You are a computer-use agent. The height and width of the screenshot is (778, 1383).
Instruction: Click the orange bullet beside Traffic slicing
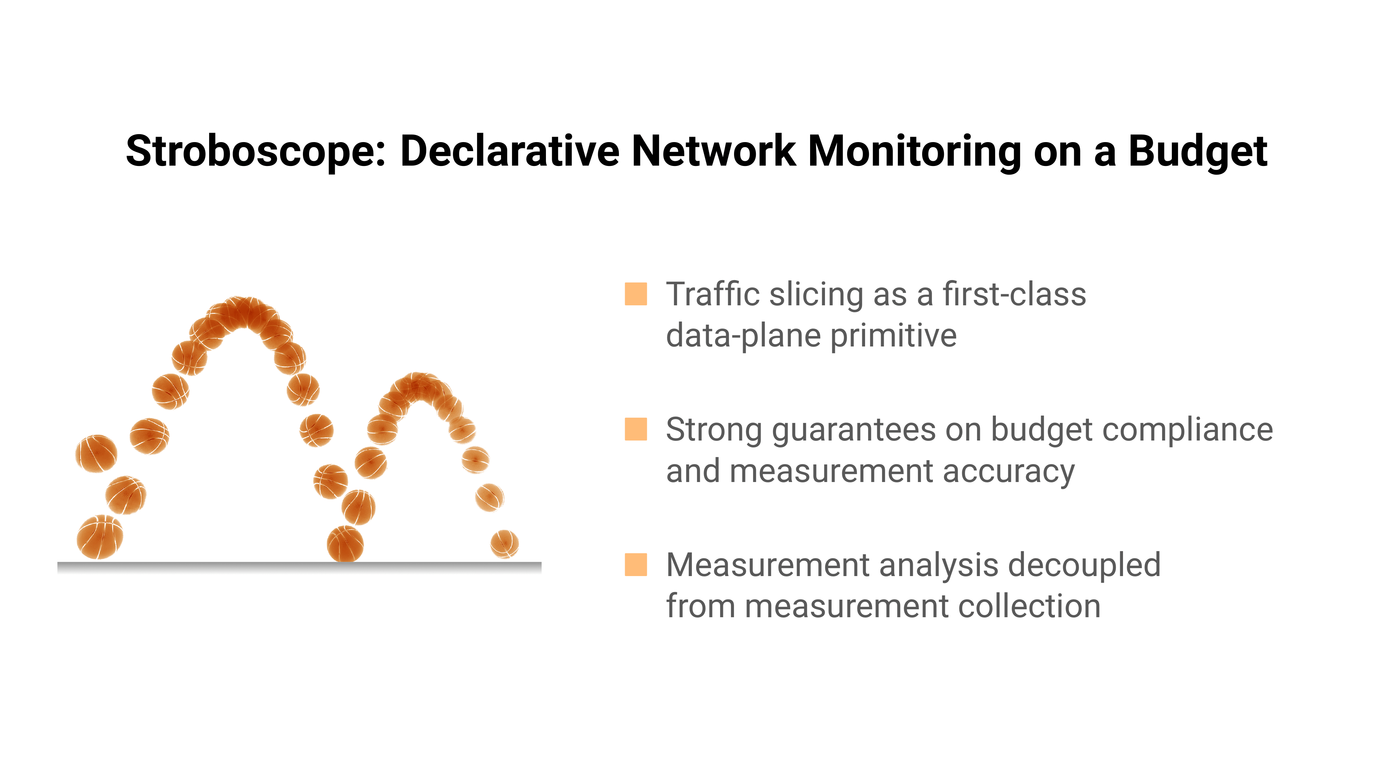pyautogui.click(x=636, y=294)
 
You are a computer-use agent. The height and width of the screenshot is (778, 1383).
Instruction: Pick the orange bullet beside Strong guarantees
pyautogui.click(x=636, y=429)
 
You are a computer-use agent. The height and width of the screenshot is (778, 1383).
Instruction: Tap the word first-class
pyautogui.click(x=1015, y=294)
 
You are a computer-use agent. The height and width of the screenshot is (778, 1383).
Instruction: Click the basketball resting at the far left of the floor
pyautogui.click(x=100, y=537)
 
